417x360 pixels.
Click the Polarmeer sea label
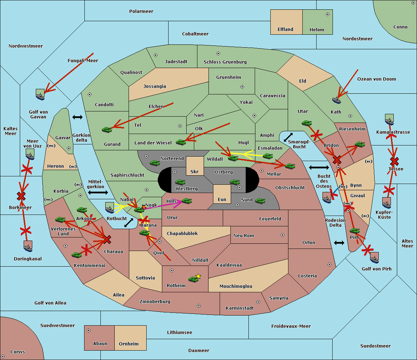coord(141,11)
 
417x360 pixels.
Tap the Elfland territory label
coord(285,30)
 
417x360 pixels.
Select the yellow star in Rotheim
coord(198,276)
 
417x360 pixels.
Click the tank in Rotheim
coord(193,279)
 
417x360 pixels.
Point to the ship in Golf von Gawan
coord(40,94)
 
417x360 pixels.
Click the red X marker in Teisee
coord(394,161)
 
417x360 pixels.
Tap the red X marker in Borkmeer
coord(21,196)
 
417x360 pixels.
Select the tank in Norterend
coord(155,163)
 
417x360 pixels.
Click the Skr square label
coord(195,171)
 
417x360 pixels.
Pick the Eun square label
coord(222,200)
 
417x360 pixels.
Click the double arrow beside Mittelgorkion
coord(98,192)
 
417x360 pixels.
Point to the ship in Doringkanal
coord(28,246)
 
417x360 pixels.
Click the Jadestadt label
coord(176,62)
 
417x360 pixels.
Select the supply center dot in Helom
coord(327,14)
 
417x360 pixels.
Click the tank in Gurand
coord(107,129)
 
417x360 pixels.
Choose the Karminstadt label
coord(240,308)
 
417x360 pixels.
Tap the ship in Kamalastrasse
coord(390,119)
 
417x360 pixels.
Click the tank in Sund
coord(260,201)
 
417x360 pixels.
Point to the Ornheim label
coord(129,344)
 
